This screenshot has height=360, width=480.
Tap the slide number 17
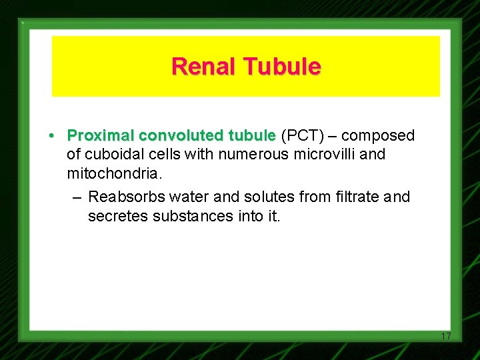tap(446, 336)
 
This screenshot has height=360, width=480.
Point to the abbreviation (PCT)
tap(303, 136)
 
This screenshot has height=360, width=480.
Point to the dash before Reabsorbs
tap(76, 197)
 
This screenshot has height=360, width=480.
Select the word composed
tap(377, 136)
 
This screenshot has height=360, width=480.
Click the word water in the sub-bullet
tap(189, 197)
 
